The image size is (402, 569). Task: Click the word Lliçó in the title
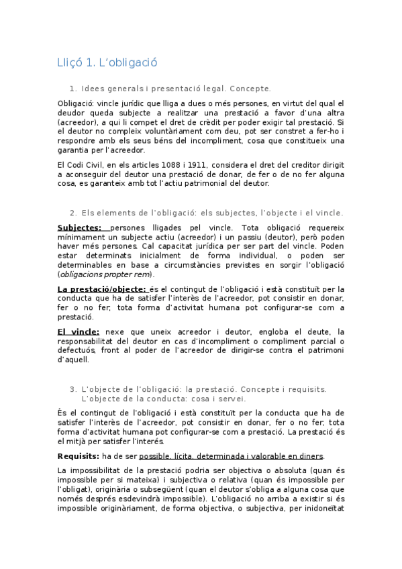tap(70, 63)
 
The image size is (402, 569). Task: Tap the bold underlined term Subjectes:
tap(79, 227)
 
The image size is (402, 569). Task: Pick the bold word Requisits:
tap(79, 456)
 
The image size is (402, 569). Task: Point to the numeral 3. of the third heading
tap(73, 389)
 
